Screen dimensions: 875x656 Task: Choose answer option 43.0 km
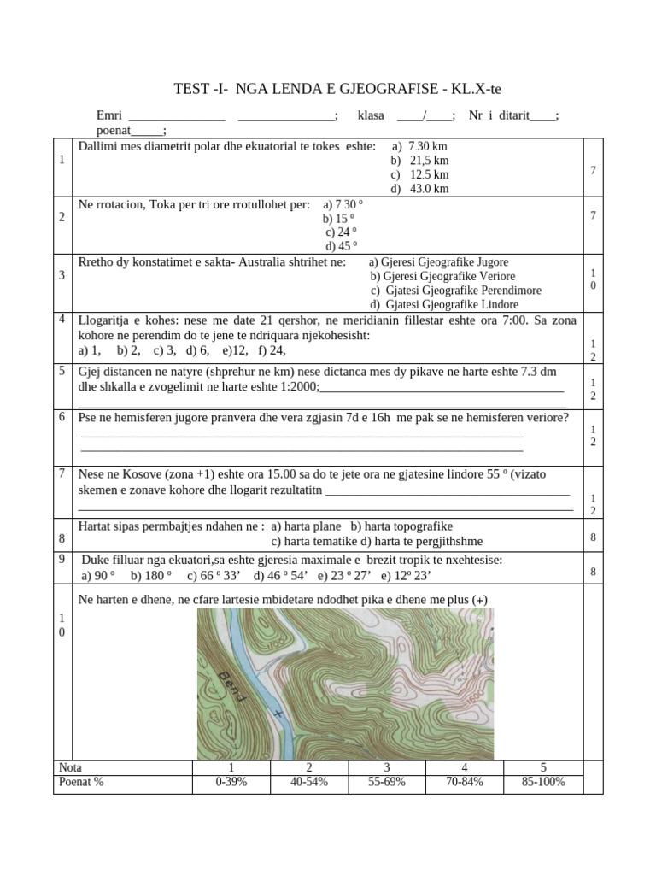pyautogui.click(x=420, y=189)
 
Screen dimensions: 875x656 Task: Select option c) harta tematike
pyautogui.click(x=313, y=541)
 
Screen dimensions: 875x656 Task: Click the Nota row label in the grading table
pyautogui.click(x=69, y=767)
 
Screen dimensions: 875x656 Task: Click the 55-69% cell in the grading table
pyautogui.click(x=386, y=782)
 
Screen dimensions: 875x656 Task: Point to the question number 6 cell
pyautogui.click(x=62, y=417)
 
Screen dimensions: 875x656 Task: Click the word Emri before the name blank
pyautogui.click(x=109, y=115)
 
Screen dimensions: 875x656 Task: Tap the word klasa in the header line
pyautogui.click(x=371, y=115)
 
